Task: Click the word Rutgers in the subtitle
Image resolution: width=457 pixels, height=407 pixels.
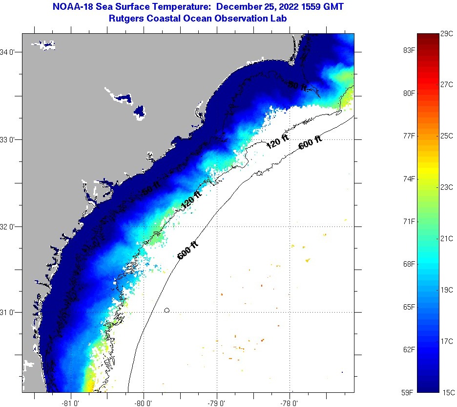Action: pos(127,18)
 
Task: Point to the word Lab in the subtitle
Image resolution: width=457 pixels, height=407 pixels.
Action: pos(277,18)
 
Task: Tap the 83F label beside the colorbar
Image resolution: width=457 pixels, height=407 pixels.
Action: pos(408,50)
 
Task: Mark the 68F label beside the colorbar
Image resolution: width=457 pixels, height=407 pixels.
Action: pos(408,264)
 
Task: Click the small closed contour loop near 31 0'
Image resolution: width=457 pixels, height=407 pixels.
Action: pos(167,310)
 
